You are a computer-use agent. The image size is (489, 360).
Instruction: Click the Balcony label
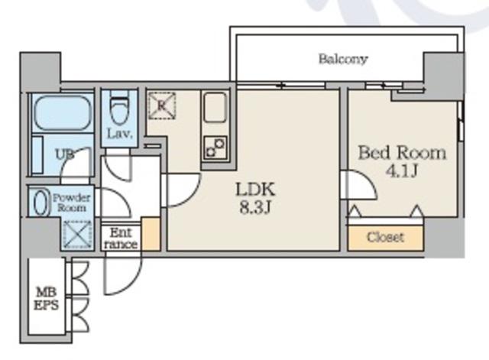pos(343,59)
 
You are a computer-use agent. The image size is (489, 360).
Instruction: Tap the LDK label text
pos(255,190)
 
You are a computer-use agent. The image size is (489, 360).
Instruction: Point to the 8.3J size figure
pos(254,207)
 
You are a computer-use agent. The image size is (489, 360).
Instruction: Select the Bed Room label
pos(402,153)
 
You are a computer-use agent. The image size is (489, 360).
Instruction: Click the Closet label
pos(385,238)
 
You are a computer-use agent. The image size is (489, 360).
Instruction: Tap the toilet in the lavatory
pos(119,111)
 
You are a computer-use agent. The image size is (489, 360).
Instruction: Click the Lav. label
pos(120,135)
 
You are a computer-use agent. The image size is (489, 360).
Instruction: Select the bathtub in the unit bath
pos(63,113)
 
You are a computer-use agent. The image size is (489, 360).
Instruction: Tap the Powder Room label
pos(71,203)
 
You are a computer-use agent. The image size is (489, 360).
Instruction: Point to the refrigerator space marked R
pos(161,105)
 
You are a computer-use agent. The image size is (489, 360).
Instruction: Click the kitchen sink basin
pos(215,107)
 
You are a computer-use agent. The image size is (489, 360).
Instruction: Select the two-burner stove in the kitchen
pos(215,148)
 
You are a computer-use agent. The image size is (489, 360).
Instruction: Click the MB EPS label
pos(46,299)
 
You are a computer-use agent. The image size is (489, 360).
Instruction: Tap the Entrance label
pos(121,238)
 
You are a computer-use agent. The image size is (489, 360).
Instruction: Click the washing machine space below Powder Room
pos(77,234)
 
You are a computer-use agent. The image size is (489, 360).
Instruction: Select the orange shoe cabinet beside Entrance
pos(151,234)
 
